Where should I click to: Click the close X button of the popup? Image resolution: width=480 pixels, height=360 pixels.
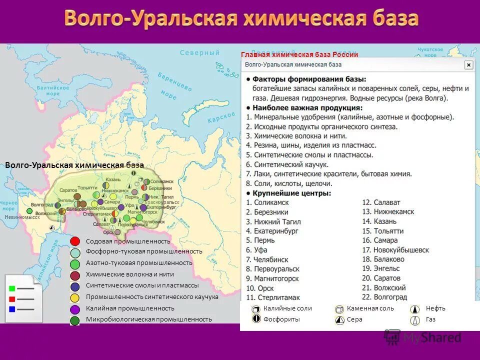(468, 65)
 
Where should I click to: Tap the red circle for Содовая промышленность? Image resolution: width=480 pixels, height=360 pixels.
(75, 241)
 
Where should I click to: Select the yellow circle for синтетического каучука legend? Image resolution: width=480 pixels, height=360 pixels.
(75, 297)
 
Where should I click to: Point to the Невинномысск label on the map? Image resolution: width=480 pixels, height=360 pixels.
(22, 217)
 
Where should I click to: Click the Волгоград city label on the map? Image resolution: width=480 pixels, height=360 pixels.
(42, 205)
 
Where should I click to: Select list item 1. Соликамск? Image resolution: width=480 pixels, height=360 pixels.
(267, 202)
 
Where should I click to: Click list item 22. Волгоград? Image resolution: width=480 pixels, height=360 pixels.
(385, 297)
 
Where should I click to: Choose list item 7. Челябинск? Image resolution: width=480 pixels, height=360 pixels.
(267, 259)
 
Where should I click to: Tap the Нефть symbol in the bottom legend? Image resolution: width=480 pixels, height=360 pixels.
(415, 309)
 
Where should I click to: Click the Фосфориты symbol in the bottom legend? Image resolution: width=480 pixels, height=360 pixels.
(256, 319)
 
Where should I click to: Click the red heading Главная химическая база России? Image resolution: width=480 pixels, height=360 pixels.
(299, 54)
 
